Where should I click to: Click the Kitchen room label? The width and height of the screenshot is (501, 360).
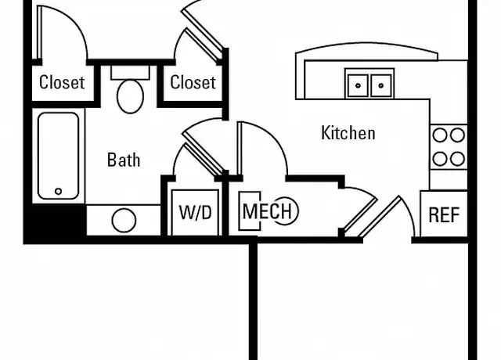click(x=348, y=133)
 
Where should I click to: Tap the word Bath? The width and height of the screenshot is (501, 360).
click(x=124, y=160)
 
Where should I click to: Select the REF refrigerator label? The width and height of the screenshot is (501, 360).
click(x=444, y=214)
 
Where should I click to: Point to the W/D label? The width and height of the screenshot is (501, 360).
click(x=195, y=212)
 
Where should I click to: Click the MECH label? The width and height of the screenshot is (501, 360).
click(x=267, y=211)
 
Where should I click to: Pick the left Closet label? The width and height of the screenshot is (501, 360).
click(x=62, y=82)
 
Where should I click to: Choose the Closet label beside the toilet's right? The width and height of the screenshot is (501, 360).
click(x=193, y=82)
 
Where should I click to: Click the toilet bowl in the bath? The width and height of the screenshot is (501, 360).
click(x=130, y=96)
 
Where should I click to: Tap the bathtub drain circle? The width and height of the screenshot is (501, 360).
click(x=58, y=191)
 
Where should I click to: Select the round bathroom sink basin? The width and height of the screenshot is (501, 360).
click(x=124, y=221)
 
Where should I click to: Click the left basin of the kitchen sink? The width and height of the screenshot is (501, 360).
click(x=358, y=85)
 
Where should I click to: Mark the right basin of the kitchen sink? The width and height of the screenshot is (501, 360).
click(x=381, y=85)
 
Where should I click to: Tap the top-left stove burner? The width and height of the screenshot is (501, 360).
click(x=440, y=135)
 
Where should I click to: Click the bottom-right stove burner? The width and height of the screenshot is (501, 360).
click(x=457, y=159)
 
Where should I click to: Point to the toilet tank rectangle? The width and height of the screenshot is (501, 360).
click(x=130, y=73)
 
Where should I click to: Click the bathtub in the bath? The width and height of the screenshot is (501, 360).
click(x=59, y=156)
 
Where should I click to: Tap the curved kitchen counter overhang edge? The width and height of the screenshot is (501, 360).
click(x=366, y=44)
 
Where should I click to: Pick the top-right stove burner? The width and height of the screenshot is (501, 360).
click(x=457, y=135)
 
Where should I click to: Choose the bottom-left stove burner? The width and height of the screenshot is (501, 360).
click(x=440, y=159)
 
